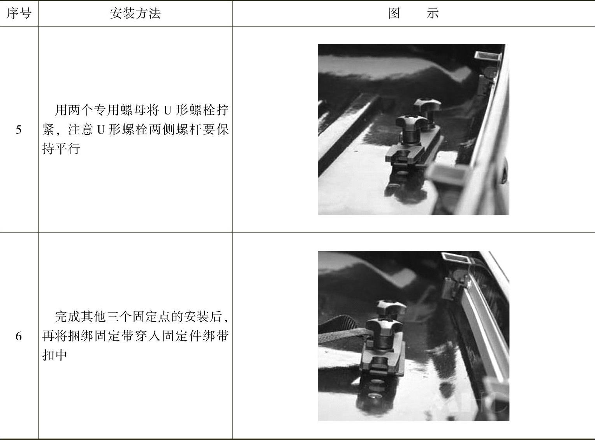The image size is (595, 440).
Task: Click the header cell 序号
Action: pyautogui.click(x=19, y=13)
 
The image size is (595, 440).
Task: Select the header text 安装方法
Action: pyautogui.click(x=135, y=13)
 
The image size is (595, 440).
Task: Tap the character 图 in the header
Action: pyautogui.click(x=394, y=13)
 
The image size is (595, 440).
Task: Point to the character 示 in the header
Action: pyautogui.click(x=433, y=13)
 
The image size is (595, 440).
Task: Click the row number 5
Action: pyautogui.click(x=18, y=130)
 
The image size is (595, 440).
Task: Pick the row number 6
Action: pyautogui.click(x=19, y=336)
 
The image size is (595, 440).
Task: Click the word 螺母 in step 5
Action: pyautogui.click(x=133, y=110)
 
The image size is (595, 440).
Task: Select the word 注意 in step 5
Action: pyautogui.click(x=80, y=130)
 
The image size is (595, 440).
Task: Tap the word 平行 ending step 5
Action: pyautogui.click(x=68, y=149)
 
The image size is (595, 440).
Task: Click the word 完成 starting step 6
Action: pyautogui.click(x=67, y=317)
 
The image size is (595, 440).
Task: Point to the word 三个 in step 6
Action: pyautogui.click(x=120, y=317)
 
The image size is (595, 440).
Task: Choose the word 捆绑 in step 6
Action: pyautogui.click(x=81, y=336)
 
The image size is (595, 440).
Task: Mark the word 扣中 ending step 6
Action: pyautogui.click(x=55, y=355)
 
